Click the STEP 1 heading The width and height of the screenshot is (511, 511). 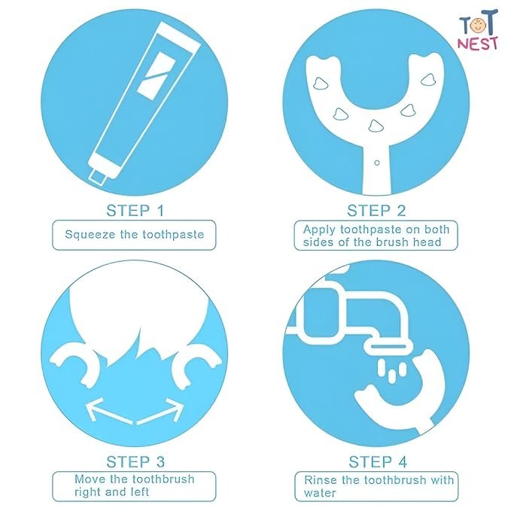click(135, 211)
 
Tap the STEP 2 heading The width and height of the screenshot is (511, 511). click(376, 211)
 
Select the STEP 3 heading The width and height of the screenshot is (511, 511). click(135, 462)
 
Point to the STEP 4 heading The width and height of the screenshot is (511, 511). click(378, 462)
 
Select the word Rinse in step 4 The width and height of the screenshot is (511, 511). click(321, 480)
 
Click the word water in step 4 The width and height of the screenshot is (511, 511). click(320, 493)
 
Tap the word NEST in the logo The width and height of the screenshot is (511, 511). click(478, 44)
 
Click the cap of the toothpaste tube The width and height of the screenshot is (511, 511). click(99, 177)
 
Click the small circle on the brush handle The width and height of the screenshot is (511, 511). click(377, 163)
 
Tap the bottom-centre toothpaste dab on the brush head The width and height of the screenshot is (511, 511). click(375, 126)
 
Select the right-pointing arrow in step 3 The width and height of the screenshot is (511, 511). click(160, 411)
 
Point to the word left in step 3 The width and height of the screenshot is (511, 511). click(137, 491)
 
